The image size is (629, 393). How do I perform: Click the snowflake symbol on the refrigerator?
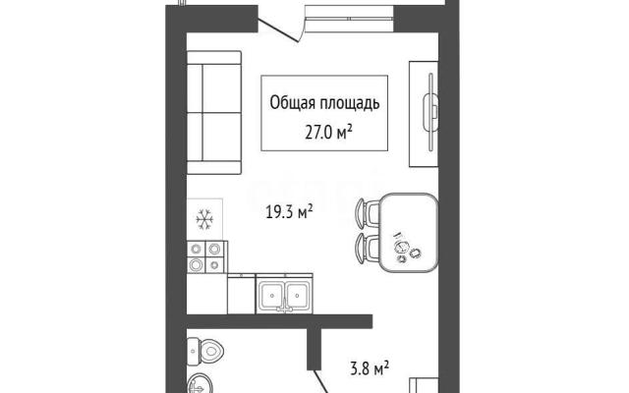pyautogui.click(x=204, y=220)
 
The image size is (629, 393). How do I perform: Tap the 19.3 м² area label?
pyautogui.click(x=289, y=211)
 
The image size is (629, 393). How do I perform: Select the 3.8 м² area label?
pyautogui.click(x=370, y=367)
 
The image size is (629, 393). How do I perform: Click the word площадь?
pyautogui.click(x=350, y=103)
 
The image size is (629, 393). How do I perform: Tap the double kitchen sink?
pyautogui.click(x=284, y=295)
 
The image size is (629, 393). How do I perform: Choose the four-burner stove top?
pyautogui.click(x=205, y=256)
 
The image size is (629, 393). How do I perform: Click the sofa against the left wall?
pyautogui.click(x=214, y=112)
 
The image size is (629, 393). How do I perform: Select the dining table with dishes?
pyautogui.click(x=409, y=233)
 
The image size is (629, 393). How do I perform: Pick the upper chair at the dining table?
pyautogui.click(x=368, y=213)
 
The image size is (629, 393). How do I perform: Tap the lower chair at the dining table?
pyautogui.click(x=368, y=249)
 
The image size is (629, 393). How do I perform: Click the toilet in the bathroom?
pyautogui.click(x=205, y=352)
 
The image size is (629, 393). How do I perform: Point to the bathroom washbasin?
pyautogui.click(x=200, y=384)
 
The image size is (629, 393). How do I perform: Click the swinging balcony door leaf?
pyautogui.click(x=278, y=30)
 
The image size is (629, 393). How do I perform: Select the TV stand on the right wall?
pyautogui.click(x=424, y=114)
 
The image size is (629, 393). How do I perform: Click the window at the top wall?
pyautogui.click(x=350, y=19)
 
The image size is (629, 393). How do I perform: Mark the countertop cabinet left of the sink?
pyautogui.click(x=242, y=294)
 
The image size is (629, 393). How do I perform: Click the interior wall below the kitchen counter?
pyautogui.click(x=279, y=321)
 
